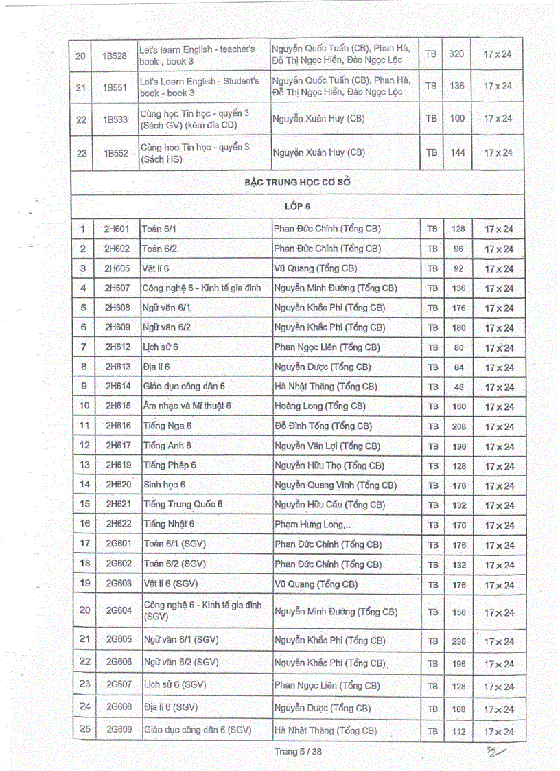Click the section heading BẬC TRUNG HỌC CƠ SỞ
tap(297, 183)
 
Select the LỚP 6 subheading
tap(298, 206)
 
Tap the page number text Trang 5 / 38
tap(298, 751)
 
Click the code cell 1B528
tap(115, 55)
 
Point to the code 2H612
tap(117, 347)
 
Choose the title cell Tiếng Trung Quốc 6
tap(183, 505)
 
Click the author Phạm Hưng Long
tap(312, 525)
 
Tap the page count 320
tap(456, 54)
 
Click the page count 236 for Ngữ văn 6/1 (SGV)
tap(458, 642)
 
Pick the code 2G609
tap(118, 730)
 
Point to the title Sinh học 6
tap(165, 485)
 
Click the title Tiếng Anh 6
tap(167, 446)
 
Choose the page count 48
tap(458, 387)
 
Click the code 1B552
tap(115, 154)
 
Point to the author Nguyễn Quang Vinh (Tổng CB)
tap(335, 485)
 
